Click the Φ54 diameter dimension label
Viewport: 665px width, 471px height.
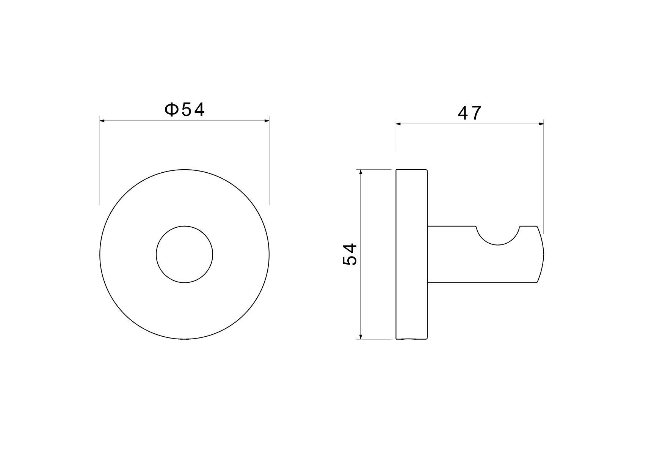pos(185,110)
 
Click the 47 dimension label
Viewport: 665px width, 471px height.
pos(470,113)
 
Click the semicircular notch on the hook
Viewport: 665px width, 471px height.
pos(498,245)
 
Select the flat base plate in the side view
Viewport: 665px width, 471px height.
pos(412,254)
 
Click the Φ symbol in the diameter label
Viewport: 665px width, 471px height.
pos(171,110)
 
